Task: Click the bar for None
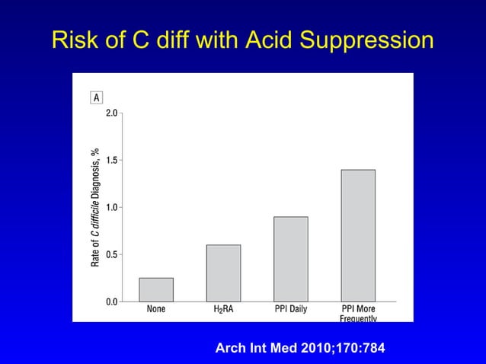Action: [156, 289]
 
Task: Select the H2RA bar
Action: [223, 273]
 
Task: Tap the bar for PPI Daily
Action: [291, 259]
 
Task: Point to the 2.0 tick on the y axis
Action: [111, 113]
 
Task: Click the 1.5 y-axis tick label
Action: [111, 160]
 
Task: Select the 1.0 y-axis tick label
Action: [111, 207]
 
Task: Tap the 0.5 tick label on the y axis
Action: [111, 254]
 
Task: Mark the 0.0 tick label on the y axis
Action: [111, 302]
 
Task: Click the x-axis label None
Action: [156, 310]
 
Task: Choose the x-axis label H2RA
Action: [223, 310]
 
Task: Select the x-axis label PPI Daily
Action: [291, 310]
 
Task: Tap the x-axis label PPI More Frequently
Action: [358, 314]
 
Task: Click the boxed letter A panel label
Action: [97, 97]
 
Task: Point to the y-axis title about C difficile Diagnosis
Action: [96, 206]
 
